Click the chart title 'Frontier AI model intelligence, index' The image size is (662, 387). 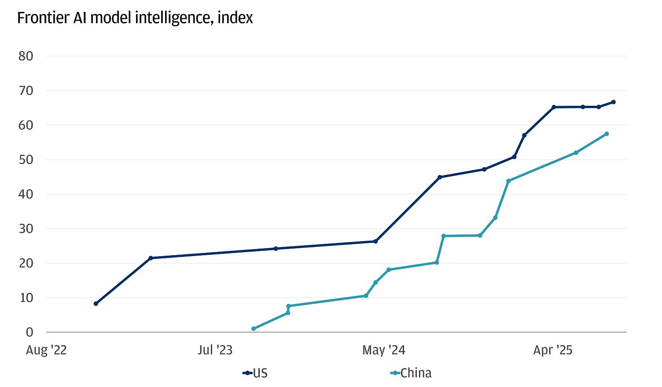(135, 18)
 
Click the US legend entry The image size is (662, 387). (255, 373)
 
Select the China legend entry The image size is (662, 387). (411, 373)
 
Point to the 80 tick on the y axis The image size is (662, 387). (26, 56)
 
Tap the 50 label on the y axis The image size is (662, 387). (26, 160)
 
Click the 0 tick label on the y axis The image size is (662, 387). (29, 332)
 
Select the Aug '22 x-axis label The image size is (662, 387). (46, 350)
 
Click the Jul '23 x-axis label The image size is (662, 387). (215, 350)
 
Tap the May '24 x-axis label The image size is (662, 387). (383, 350)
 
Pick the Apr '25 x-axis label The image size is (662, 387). (552, 350)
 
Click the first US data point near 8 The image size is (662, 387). (96, 304)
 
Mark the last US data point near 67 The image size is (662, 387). (613, 102)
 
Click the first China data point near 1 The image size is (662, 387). (254, 329)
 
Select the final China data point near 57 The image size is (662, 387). (607, 134)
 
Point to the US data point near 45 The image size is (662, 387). (439, 177)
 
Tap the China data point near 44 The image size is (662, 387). (508, 181)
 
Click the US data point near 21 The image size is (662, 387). (151, 258)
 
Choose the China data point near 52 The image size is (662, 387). (576, 153)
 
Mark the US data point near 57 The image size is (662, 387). (524, 135)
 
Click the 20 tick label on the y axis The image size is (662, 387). (26, 263)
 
